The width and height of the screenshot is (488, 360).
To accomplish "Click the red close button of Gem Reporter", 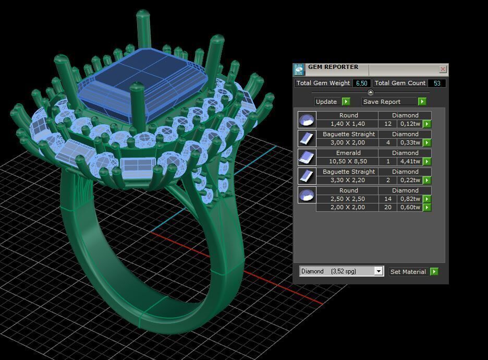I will (x=443, y=69).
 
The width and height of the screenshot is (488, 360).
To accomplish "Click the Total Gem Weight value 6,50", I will (x=362, y=83).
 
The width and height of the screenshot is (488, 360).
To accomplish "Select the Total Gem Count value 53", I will (x=436, y=83).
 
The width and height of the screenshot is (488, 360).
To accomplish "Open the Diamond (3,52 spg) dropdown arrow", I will (x=379, y=271).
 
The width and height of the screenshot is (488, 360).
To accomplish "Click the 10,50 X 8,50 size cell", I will (x=347, y=161).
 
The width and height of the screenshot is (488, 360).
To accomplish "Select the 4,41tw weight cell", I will (x=410, y=161).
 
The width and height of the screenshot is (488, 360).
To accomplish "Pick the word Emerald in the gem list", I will (x=348, y=153).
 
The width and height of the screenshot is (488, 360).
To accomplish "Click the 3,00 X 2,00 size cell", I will (x=347, y=142).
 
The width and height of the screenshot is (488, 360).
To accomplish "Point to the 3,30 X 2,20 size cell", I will (x=347, y=180).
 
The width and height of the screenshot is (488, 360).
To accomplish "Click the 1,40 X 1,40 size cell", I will (x=347, y=124).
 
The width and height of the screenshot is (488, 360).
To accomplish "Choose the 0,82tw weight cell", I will (x=410, y=199).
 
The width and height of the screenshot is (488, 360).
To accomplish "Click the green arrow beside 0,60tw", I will (x=427, y=207).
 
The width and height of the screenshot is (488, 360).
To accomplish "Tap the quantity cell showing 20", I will (x=388, y=207).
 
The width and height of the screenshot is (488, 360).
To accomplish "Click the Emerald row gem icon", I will (x=307, y=157).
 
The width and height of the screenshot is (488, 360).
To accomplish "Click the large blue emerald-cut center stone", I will (x=143, y=78).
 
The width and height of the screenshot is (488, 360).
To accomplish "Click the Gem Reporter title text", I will (x=333, y=67).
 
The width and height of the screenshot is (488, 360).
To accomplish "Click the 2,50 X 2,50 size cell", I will (x=347, y=199).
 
